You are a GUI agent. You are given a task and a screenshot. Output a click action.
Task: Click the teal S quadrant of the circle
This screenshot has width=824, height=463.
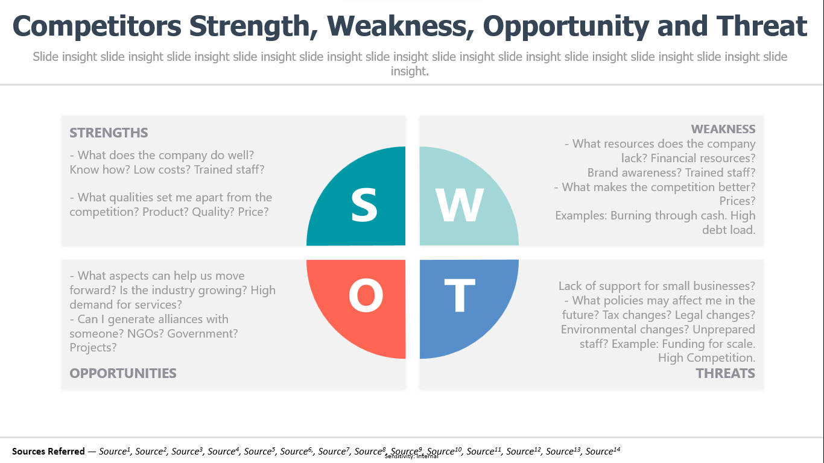(x=363, y=203)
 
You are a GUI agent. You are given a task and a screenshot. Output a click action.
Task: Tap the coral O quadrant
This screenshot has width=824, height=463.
(x=363, y=301)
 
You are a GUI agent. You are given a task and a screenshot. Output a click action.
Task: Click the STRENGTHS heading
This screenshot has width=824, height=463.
(x=109, y=133)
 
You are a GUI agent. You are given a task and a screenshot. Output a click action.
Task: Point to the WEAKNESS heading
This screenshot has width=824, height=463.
(x=723, y=129)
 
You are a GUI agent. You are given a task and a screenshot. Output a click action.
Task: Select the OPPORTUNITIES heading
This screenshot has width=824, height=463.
(x=123, y=373)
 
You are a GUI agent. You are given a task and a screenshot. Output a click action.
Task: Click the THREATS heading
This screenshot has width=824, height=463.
(x=726, y=373)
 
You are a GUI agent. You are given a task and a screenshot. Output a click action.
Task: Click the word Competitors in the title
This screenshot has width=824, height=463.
(x=97, y=26)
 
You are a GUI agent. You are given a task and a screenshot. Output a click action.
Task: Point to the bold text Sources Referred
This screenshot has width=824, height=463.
(x=48, y=451)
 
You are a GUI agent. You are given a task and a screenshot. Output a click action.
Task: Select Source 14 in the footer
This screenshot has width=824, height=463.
(x=603, y=451)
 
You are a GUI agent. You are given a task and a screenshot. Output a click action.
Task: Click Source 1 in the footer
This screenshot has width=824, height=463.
(x=115, y=451)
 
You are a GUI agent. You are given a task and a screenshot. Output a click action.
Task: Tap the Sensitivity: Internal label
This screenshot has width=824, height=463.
(x=411, y=456)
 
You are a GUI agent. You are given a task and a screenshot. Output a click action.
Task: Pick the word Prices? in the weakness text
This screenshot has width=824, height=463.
(x=737, y=201)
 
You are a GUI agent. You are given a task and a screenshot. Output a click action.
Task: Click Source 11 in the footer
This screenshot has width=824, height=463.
(x=484, y=451)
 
